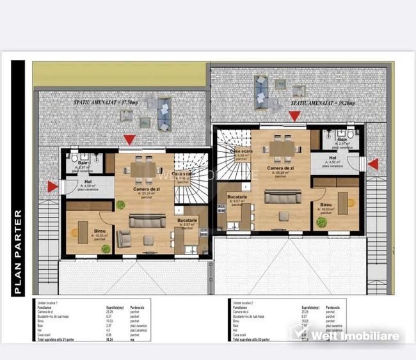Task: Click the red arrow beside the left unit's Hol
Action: pos(52,186)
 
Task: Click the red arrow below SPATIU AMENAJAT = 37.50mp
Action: pos(129,139)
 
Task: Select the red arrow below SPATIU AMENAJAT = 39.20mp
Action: pos(294,116)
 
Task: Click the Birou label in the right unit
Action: pos(326,205)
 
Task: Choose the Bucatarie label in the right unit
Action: pos(237,196)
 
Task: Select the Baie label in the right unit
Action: pos(342,139)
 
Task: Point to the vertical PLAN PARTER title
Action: pos(19,252)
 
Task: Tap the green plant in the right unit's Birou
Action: pos(321,223)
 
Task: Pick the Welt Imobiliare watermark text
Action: pos(355,336)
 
